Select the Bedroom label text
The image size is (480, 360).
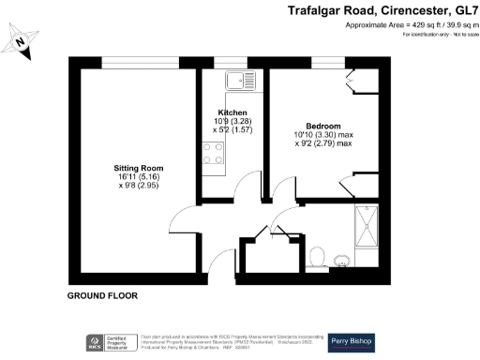[322, 127]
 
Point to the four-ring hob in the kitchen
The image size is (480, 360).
[213, 152]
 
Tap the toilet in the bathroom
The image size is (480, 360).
[318, 254]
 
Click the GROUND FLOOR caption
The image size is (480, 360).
[102, 295]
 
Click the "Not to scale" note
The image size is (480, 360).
[454, 35]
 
